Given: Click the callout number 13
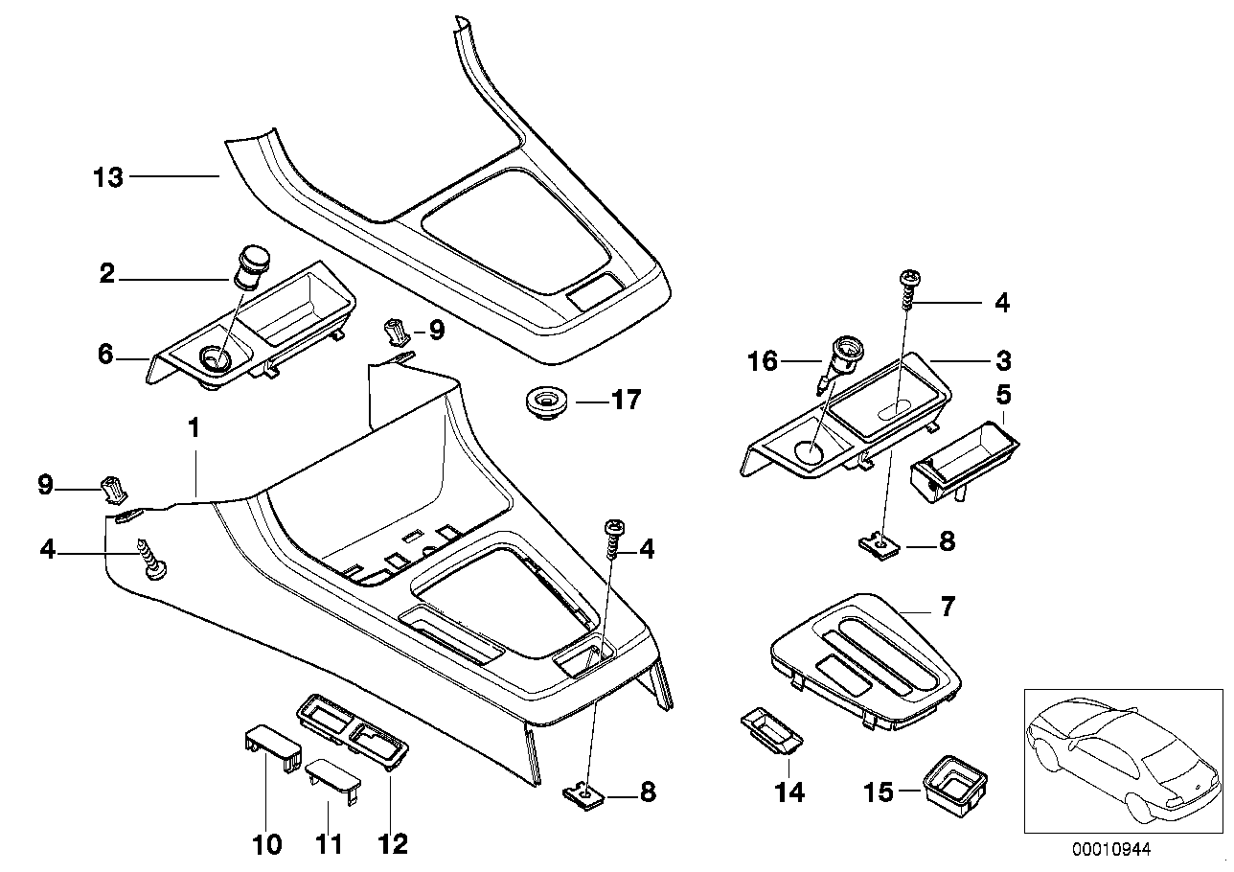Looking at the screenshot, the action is (x=108, y=177).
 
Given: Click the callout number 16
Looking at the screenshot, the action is (x=765, y=362).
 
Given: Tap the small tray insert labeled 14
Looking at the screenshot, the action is (x=770, y=732).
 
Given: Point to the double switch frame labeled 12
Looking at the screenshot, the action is (x=354, y=730).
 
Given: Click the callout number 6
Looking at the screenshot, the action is (x=106, y=356).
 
